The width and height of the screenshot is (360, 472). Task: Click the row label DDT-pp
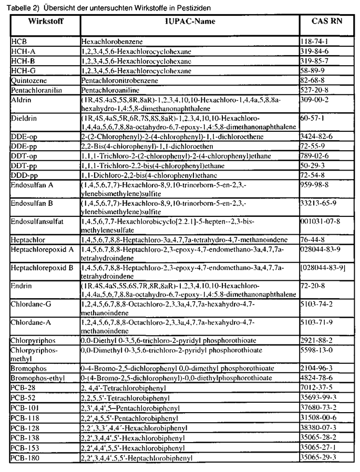tap(24, 180)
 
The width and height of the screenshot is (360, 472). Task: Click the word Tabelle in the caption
tap(21, 8)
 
